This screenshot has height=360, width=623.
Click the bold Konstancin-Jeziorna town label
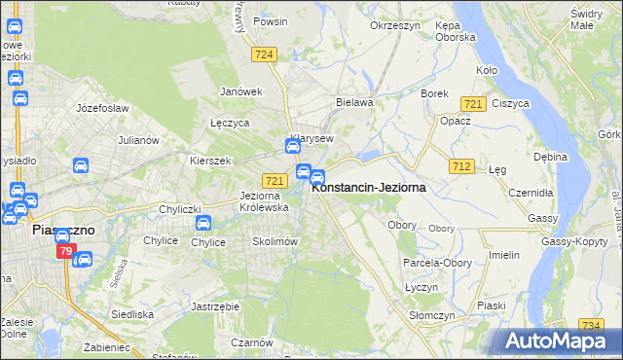(x=368, y=188)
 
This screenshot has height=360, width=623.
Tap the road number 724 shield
(x=263, y=54)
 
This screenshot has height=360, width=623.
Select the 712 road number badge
(x=461, y=167)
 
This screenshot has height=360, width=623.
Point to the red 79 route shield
(x=65, y=252)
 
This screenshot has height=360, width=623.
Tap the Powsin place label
(x=270, y=20)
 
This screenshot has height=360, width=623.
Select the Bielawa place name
(x=354, y=101)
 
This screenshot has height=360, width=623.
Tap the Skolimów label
(x=274, y=241)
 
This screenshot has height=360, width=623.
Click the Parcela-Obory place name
(x=435, y=263)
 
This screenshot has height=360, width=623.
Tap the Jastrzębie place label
(x=216, y=306)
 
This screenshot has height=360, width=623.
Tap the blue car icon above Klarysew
(x=292, y=147)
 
